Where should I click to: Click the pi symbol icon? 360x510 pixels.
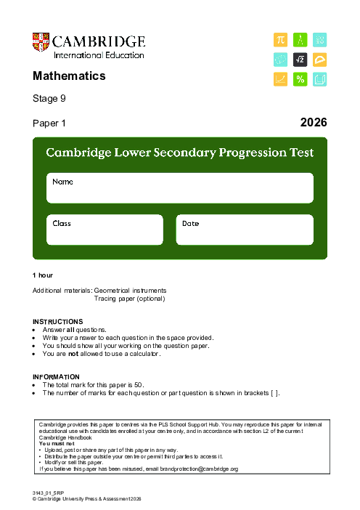(x=280, y=40)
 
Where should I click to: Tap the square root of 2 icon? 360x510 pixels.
(x=300, y=60)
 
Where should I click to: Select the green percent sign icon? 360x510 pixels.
(x=300, y=79)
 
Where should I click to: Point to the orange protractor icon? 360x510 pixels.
(x=319, y=60)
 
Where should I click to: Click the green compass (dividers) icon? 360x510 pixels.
(x=300, y=40)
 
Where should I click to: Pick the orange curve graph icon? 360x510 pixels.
(x=280, y=79)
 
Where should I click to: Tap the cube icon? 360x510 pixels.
(x=319, y=79)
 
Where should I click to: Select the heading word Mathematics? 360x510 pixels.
(x=69, y=76)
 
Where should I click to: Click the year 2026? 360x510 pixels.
(x=314, y=123)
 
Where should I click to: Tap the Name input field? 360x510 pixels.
(x=180, y=188)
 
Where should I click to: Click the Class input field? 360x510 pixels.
(x=105, y=230)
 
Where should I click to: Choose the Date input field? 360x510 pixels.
(x=245, y=230)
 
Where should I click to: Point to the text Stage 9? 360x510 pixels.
(x=49, y=98)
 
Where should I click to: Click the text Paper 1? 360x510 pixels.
(x=49, y=124)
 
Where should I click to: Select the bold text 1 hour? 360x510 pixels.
(x=43, y=275)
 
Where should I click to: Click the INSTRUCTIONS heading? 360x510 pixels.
(x=58, y=321)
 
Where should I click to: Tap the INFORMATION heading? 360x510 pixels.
(x=56, y=376)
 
